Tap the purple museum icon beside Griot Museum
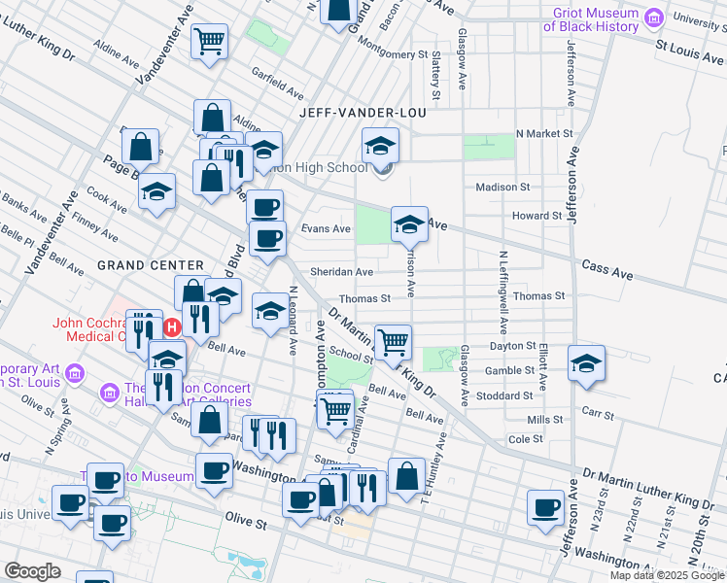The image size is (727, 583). coord(654,17)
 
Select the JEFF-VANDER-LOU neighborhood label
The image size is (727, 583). coord(350,113)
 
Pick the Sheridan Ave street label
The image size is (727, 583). coord(341,272)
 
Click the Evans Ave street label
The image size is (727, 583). coord(325,228)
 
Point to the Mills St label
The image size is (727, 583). coord(545,419)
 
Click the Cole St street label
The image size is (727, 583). coord(525,439)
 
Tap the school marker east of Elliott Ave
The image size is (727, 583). coord(586,363)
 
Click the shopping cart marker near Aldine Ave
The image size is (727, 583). coord(209,42)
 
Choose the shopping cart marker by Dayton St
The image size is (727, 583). coord(393,341)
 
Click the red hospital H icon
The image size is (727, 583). coord(172,327)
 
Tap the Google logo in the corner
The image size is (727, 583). coord(32,571)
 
